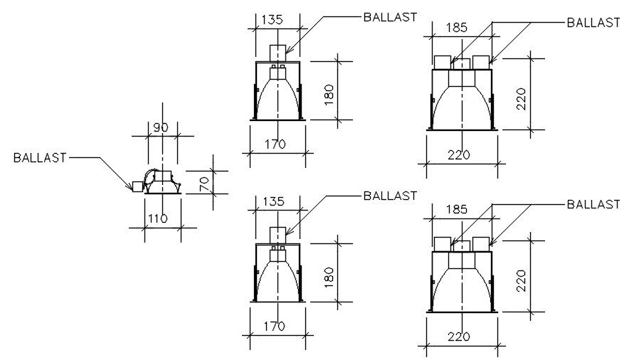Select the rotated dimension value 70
[203, 182]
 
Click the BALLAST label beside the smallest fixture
[40, 158]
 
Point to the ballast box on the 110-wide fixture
[137, 186]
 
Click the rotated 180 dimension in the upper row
[328, 90]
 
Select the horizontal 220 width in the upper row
[459, 155]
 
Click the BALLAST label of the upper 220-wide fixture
[593, 22]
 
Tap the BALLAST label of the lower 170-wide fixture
[389, 196]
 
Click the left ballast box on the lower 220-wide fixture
[443, 243]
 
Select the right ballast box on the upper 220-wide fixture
[481, 61]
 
